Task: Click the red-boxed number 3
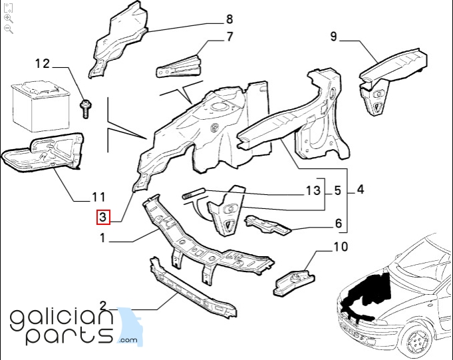tap(103, 217)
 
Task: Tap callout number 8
tap(229, 19)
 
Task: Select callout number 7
tap(229, 37)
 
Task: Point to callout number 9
tap(333, 37)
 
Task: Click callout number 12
tap(43, 64)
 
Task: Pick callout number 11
tap(98, 197)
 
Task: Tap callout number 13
tap(313, 191)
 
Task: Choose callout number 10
tap(341, 247)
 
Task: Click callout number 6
tap(339, 224)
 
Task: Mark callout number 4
tap(361, 190)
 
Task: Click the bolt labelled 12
tap(86, 108)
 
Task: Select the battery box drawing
tap(41, 106)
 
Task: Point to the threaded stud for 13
tap(194, 193)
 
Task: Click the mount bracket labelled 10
tap(294, 282)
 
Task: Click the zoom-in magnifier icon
tap(9, 19)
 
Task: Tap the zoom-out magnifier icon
tap(9, 29)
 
